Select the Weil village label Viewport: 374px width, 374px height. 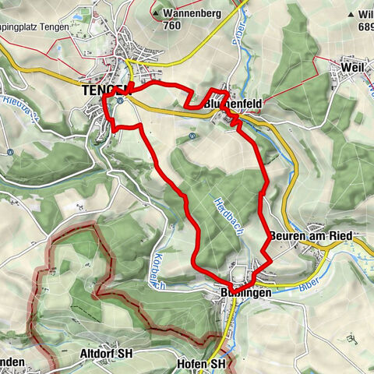click(x=352, y=69)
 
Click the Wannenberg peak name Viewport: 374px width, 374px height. click(x=191, y=13)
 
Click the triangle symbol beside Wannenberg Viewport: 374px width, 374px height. click(x=158, y=13)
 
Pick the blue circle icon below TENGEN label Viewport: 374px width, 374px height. click(x=119, y=99)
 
